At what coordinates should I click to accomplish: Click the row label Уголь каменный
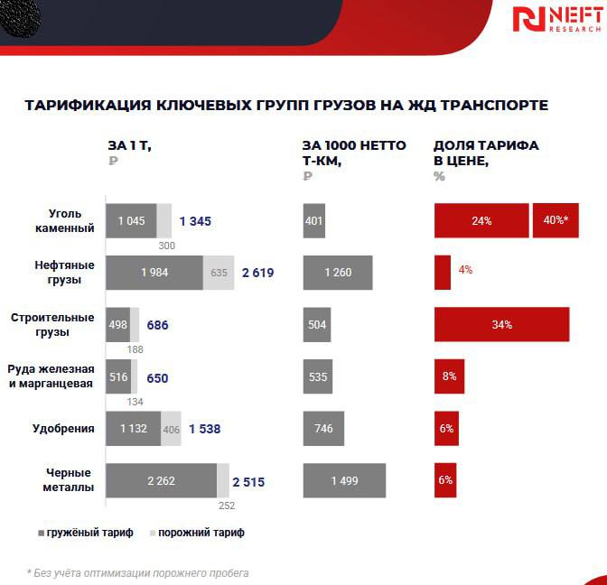[x=71, y=221]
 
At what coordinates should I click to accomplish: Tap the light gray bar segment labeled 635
[x=219, y=273]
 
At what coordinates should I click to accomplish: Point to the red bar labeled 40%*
[x=556, y=221]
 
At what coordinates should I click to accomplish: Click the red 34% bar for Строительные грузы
[x=501, y=325]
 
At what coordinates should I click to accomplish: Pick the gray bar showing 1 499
[x=344, y=480]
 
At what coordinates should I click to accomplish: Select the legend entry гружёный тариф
[x=86, y=533]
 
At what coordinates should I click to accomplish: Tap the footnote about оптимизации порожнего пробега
[x=137, y=572]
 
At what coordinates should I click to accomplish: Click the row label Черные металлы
[x=70, y=479]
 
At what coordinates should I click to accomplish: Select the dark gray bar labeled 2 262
[x=161, y=480]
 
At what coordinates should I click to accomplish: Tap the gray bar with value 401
[x=313, y=221]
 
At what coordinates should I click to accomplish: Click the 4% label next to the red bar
[x=465, y=270]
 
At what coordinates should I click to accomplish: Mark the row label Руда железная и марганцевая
[x=51, y=376]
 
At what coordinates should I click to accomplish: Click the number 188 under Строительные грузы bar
[x=134, y=349]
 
